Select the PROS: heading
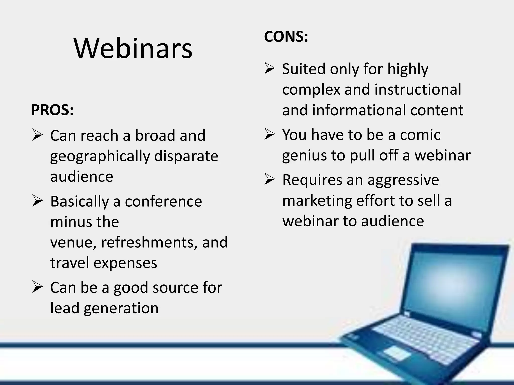[x=52, y=110]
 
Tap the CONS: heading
[x=286, y=37]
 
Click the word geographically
[x=100, y=157]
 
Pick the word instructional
[x=403, y=89]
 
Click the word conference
[x=163, y=201]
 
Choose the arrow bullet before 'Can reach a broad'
[x=37, y=136]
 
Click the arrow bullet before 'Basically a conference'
[x=37, y=201]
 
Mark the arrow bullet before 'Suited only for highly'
[x=269, y=69]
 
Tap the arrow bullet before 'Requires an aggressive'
[x=269, y=180]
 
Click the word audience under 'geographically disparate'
[x=82, y=177]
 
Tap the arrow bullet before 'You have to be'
[x=269, y=135]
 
